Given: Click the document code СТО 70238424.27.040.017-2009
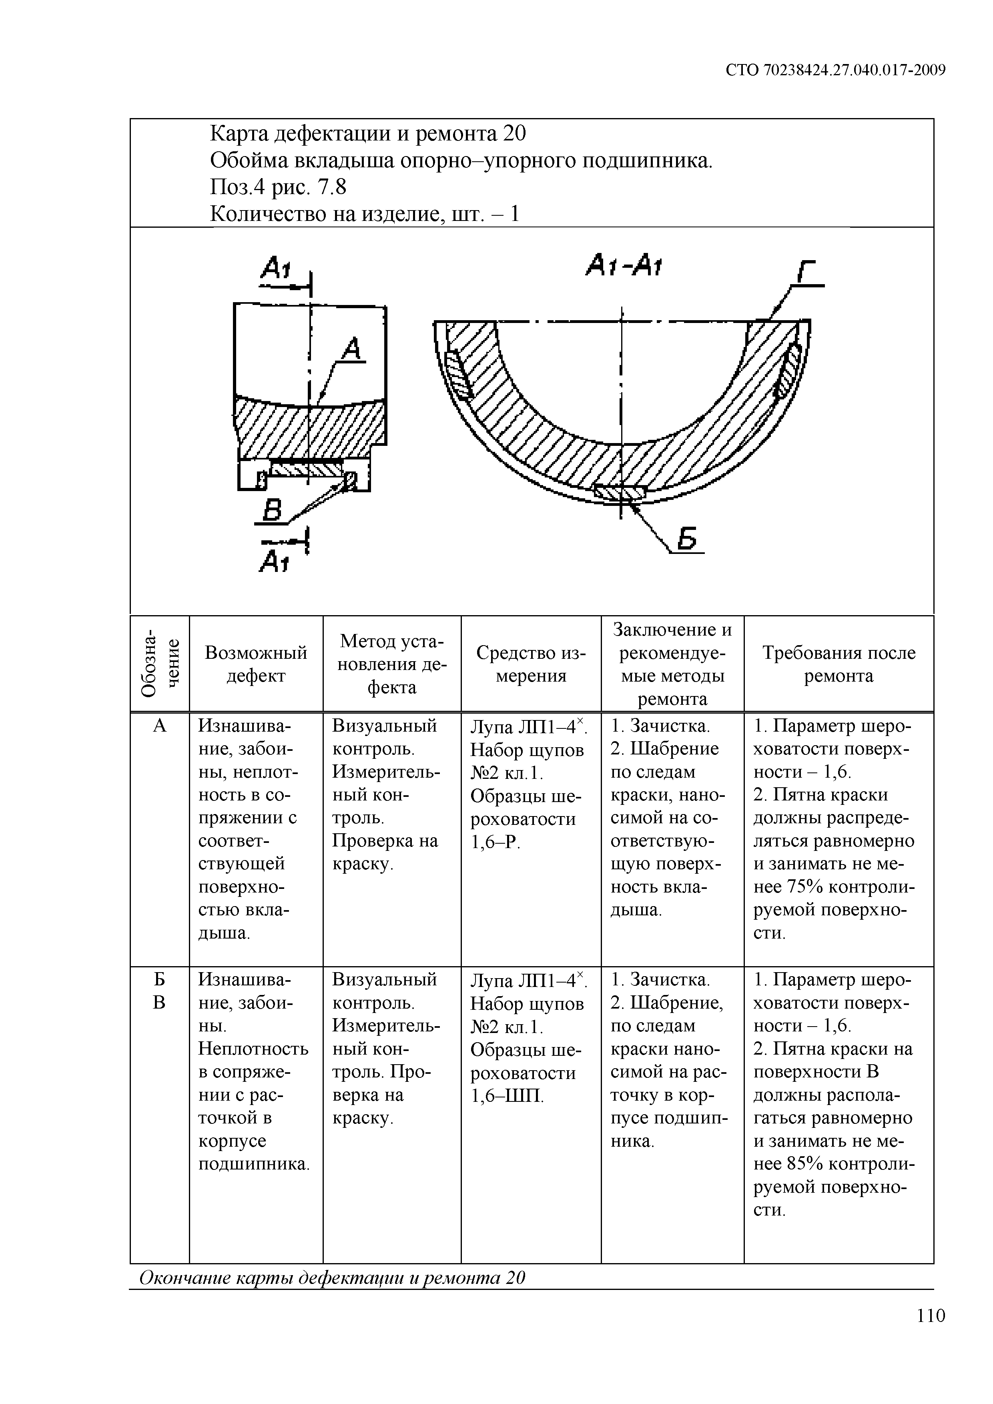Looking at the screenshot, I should point(836,70).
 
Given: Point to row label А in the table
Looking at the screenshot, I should point(160,726).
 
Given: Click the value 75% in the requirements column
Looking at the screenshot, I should point(796,887).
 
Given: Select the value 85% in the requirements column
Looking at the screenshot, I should point(796,1164).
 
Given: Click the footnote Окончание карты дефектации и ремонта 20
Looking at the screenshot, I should point(333,1278).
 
